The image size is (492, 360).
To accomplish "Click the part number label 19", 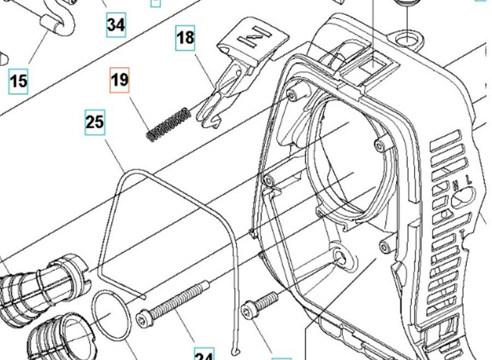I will point(120,80).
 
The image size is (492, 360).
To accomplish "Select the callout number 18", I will point(186,36).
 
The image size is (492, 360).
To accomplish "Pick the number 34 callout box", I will point(115,25).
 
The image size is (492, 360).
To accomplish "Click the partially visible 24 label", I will point(204,355).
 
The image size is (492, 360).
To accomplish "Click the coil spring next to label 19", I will point(167,124).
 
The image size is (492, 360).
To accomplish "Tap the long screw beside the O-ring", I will point(174,303).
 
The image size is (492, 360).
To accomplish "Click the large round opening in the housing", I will point(348,159).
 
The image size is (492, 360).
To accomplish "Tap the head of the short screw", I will point(249,311).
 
